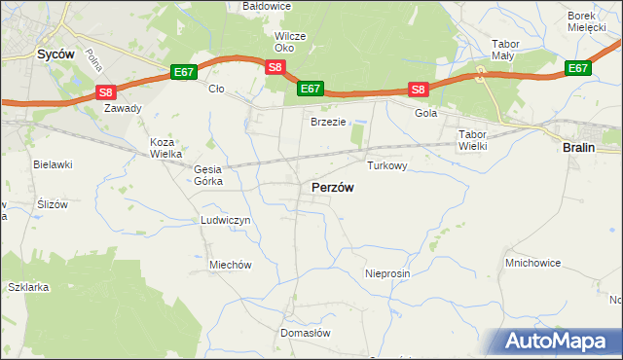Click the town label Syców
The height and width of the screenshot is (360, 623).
[55, 54]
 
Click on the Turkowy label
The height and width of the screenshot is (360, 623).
[386, 166]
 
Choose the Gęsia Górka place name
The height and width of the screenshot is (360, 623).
[208, 175]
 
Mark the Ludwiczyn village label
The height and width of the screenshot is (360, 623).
[226, 221]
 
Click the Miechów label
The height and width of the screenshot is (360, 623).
[231, 265]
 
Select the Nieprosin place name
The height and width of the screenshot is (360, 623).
[387, 273]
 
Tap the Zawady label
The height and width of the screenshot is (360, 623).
[124, 108]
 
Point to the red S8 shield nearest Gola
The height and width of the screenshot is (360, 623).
[418, 90]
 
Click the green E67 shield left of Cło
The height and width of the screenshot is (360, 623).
[184, 72]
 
